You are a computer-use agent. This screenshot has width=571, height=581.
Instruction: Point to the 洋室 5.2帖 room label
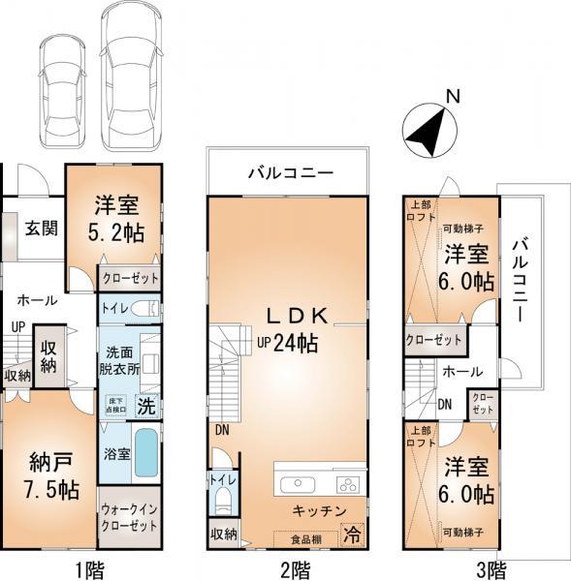pyautogui.click(x=115, y=219)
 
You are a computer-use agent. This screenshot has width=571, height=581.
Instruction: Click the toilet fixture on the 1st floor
pyautogui.click(x=143, y=308)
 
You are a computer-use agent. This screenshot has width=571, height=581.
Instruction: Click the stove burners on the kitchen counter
pyautogui.click(x=346, y=484)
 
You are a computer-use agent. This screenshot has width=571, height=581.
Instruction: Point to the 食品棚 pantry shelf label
pyautogui.click(x=300, y=536)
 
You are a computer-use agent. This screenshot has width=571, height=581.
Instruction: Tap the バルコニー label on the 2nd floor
pyautogui.click(x=289, y=172)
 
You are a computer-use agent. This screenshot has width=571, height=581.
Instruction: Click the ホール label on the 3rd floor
pyautogui.click(x=458, y=370)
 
